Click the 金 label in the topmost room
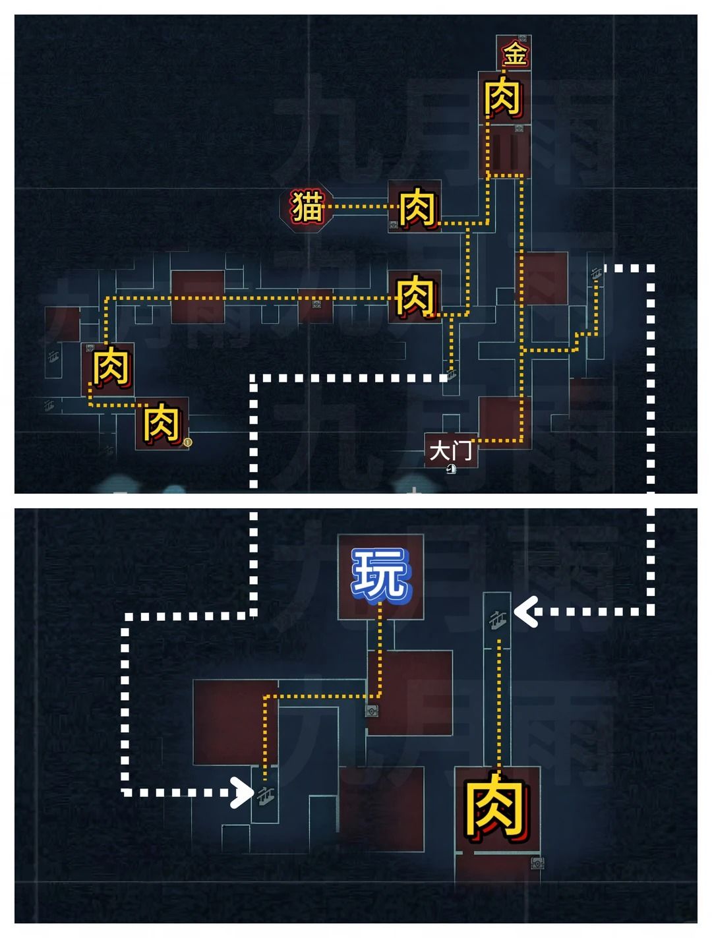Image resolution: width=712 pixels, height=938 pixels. point(515,54)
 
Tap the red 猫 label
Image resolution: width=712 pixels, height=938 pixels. point(307,207)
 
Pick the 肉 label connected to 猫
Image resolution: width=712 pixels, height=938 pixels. point(418,208)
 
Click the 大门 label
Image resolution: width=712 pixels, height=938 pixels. point(451,451)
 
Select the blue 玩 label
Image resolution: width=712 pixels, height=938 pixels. point(380,574)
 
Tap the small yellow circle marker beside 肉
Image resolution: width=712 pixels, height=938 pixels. point(187,443)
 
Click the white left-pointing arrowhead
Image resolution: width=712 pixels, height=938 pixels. point(525,612)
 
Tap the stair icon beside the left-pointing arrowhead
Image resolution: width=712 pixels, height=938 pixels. point(498,620)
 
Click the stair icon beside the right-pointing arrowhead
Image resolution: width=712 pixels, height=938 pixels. point(266,796)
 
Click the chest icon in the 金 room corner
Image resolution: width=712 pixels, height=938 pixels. point(522,38)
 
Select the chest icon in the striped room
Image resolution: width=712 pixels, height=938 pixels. point(519,128)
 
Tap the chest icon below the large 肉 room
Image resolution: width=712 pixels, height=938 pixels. point(538,862)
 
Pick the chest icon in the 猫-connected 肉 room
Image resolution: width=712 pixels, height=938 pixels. point(394,224)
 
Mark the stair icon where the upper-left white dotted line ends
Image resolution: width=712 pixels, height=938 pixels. point(452,375)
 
